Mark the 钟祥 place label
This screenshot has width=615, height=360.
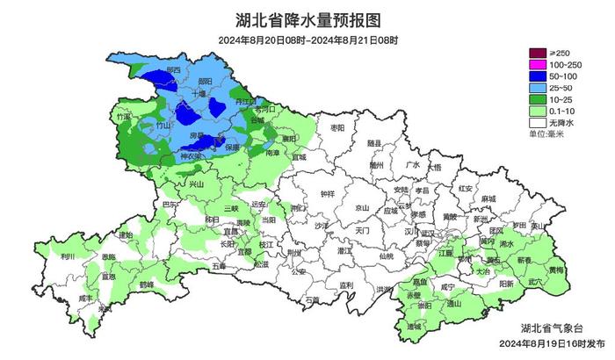(328, 194)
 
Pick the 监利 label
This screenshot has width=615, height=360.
(345, 285)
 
